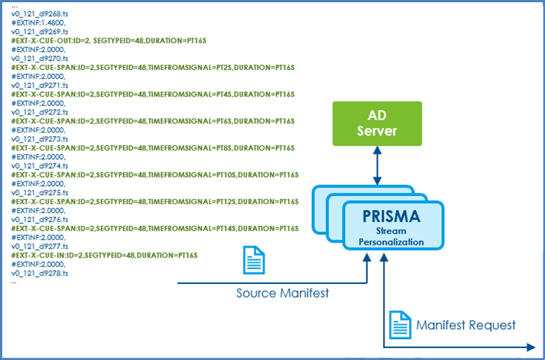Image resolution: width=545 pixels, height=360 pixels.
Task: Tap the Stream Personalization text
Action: [x=390, y=236]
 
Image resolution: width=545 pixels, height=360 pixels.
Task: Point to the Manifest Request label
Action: [x=466, y=325]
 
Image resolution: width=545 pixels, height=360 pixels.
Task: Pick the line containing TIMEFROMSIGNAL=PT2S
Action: [x=151, y=69]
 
